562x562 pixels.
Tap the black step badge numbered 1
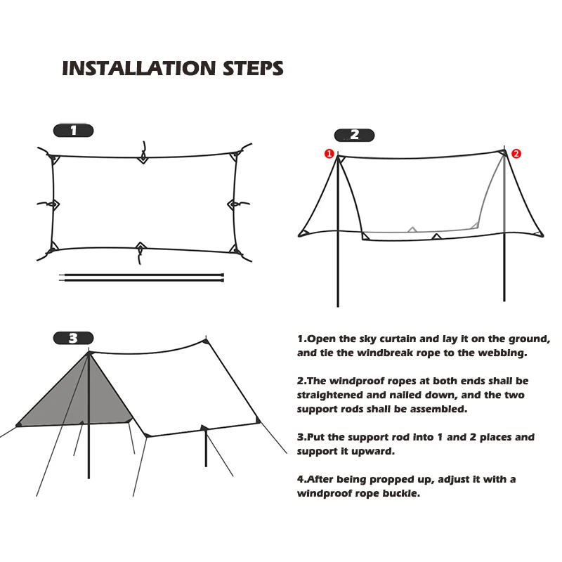point(73,130)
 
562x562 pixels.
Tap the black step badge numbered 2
point(354,135)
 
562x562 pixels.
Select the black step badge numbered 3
point(73,338)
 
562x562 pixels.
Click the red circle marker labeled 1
point(327,153)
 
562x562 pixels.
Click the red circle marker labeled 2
point(516,153)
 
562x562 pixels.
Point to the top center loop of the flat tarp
point(143,157)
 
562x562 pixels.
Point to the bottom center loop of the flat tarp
point(141,248)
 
